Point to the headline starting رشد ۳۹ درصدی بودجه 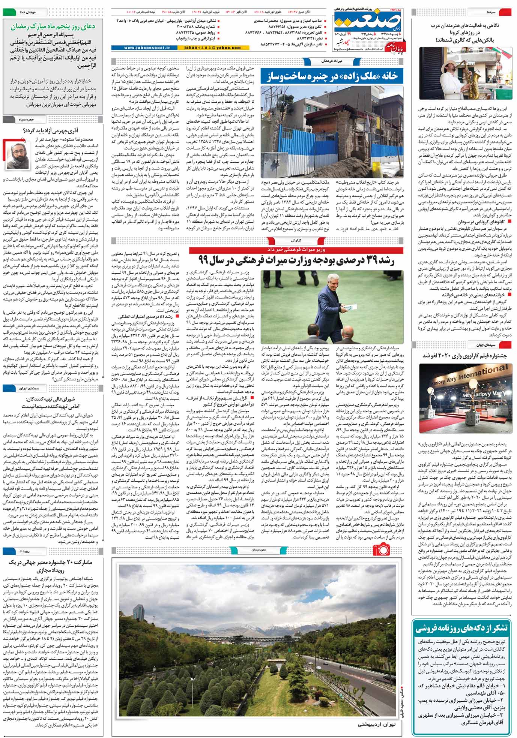coord(296,259)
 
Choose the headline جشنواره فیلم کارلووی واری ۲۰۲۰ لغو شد coord(464,356)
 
